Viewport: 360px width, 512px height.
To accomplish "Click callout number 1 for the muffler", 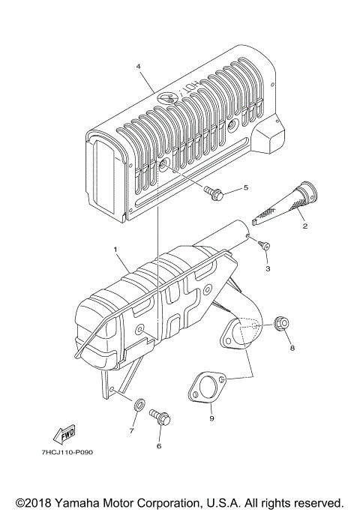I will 115,248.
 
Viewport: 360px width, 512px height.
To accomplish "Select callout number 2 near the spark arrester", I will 304,224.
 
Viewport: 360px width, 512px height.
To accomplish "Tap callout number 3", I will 268,267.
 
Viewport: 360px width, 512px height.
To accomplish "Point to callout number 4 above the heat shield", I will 138,66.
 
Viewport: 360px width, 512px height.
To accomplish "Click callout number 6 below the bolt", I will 158,445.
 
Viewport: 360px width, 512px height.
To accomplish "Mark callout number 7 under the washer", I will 131,430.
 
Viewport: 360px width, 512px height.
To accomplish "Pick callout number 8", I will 292,348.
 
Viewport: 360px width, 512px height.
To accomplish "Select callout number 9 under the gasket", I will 211,418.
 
